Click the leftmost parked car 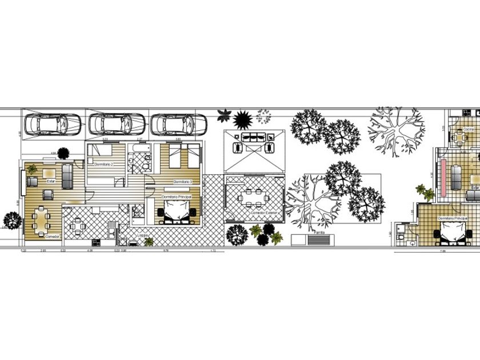click(x=52, y=123)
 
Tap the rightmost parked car click(x=179, y=123)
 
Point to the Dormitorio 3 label click(x=183, y=182)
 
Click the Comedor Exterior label click(x=263, y=213)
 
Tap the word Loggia click(x=143, y=234)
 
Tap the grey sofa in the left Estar click(x=67, y=176)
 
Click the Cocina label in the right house click(x=469, y=130)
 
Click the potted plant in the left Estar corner click(x=32, y=169)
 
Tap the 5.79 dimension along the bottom click(x=166, y=251)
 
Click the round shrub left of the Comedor click(x=11, y=219)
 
